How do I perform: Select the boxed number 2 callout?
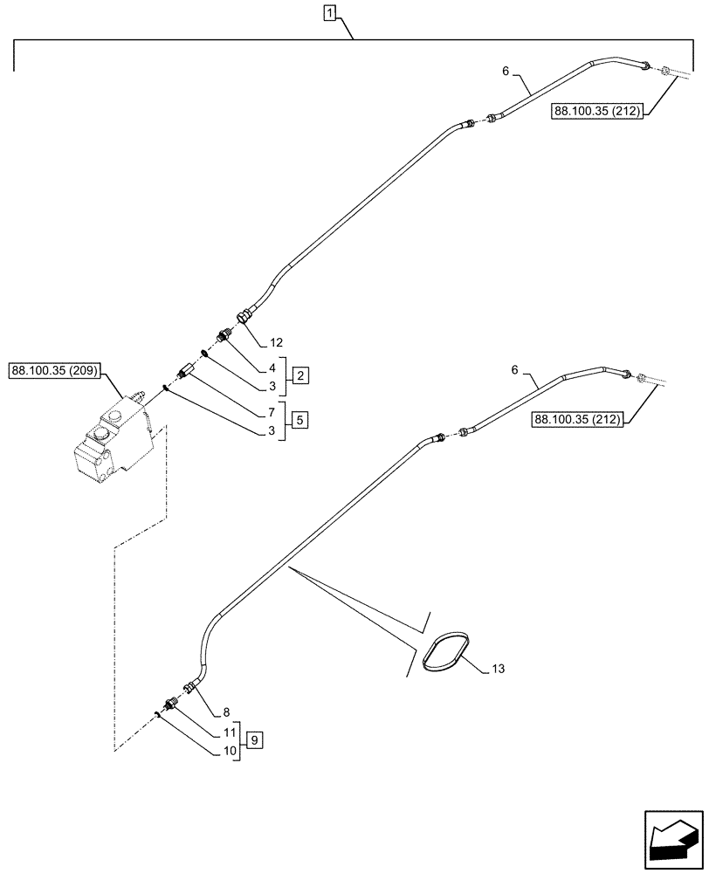pyautogui.click(x=299, y=375)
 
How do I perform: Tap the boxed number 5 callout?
pyautogui.click(x=299, y=420)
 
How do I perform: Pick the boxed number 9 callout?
pyautogui.click(x=254, y=740)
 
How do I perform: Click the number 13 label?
pyautogui.click(x=498, y=669)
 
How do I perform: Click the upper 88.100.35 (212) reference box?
pyautogui.click(x=596, y=112)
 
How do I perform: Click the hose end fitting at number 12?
pyautogui.click(x=245, y=316)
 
